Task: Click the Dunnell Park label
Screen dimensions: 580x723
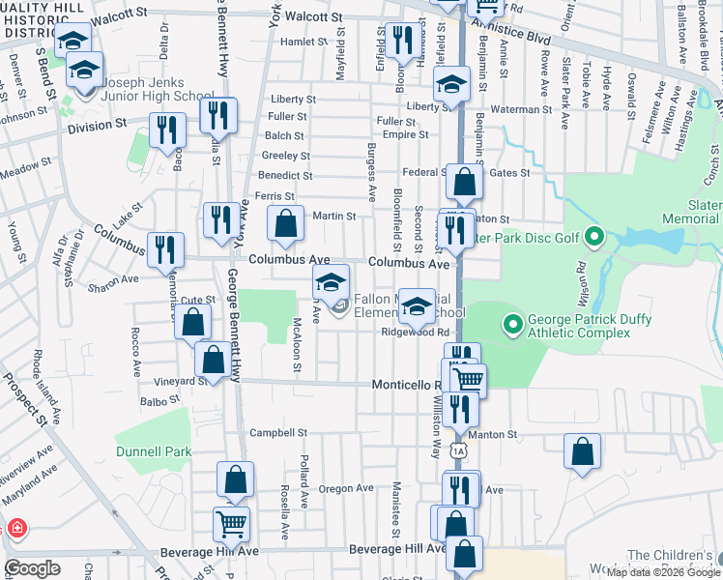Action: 153,450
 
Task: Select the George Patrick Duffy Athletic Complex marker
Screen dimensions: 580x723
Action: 511,321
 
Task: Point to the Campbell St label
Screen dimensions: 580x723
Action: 277,433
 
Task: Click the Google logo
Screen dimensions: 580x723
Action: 32,568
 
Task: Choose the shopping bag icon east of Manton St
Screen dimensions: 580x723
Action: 583,451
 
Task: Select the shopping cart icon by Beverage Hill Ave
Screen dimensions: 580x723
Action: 232,524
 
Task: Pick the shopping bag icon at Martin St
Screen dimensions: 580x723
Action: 285,224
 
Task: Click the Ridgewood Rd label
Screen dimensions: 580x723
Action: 416,332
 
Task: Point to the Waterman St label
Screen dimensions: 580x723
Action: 520,110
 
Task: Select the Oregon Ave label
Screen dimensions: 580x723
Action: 346,489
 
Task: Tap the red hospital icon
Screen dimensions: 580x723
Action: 14,529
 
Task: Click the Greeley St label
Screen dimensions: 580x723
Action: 285,156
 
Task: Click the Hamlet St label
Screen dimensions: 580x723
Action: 304,43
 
